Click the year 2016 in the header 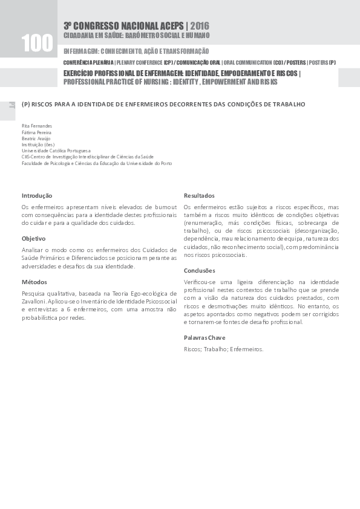tap(200, 25)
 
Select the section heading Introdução tap(37, 195)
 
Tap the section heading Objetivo tap(34, 238)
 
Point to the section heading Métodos tap(34, 282)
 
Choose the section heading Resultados tap(199, 195)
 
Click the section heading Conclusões tap(200, 270)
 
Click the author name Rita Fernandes tap(37, 126)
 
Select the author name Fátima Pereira tap(36, 132)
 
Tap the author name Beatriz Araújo tap(36, 138)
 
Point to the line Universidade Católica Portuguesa tap(56, 151)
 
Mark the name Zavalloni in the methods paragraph tap(36, 300)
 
